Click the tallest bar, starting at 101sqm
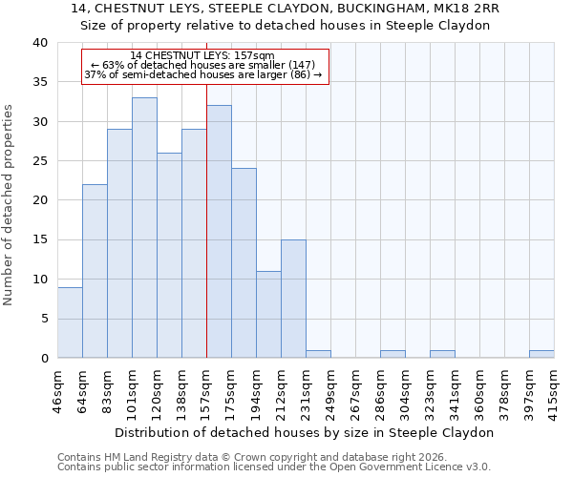point(144,228)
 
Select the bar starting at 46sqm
point(70,322)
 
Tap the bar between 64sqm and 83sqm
point(95,272)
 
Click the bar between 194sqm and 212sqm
point(268,315)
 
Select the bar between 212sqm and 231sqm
point(293,299)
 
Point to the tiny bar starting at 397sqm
point(541,354)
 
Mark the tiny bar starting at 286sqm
point(393,354)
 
